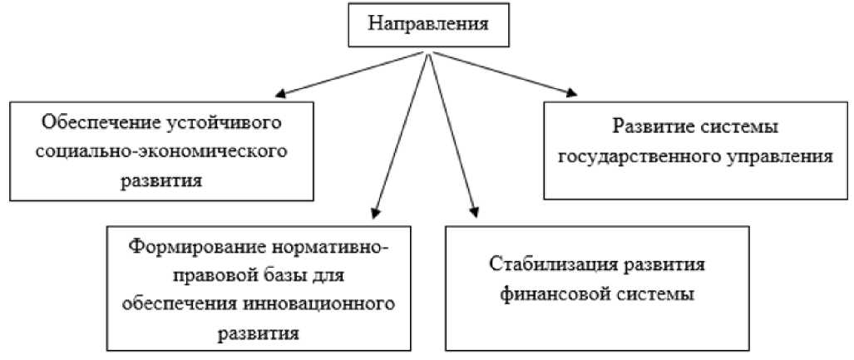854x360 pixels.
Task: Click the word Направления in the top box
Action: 428,25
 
